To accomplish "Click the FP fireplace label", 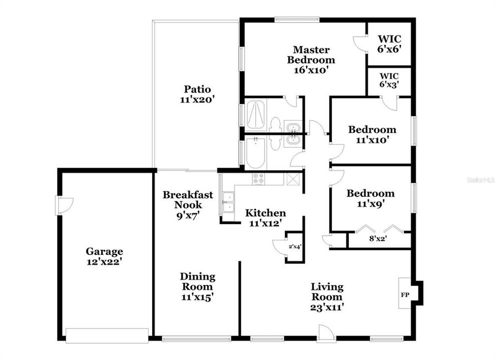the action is (x=405, y=295).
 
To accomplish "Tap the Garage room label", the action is (x=105, y=251).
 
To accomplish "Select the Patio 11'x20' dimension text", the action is (x=198, y=99).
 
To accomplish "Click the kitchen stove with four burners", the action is (x=258, y=179).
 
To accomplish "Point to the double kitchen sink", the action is (x=228, y=202).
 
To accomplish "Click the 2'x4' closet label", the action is (x=295, y=246).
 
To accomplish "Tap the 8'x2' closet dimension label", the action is (x=378, y=238).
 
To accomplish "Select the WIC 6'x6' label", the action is (x=390, y=44).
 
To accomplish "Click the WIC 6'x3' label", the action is (x=389, y=80).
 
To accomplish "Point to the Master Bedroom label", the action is (x=311, y=54).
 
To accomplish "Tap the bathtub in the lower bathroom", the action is (x=256, y=153).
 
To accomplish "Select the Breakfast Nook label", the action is (x=188, y=199).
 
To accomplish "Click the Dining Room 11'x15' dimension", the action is (x=198, y=297).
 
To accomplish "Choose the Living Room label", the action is (x=327, y=291).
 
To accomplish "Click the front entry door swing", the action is (x=326, y=333).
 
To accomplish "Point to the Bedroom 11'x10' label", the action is (x=372, y=134).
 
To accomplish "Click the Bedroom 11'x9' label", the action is (x=371, y=198).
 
